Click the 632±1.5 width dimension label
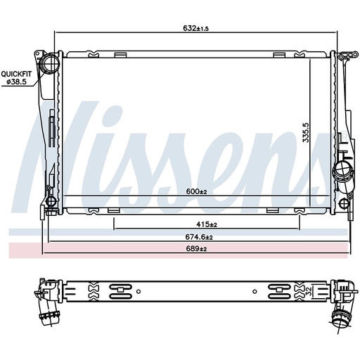point(195,28)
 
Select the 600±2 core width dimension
point(197,191)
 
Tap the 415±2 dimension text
point(207,224)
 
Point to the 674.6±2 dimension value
point(199,237)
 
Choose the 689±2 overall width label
point(196,248)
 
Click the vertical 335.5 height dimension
point(306,133)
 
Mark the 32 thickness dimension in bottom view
point(309,291)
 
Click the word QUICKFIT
point(16,75)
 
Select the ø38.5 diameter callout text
point(16,82)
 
